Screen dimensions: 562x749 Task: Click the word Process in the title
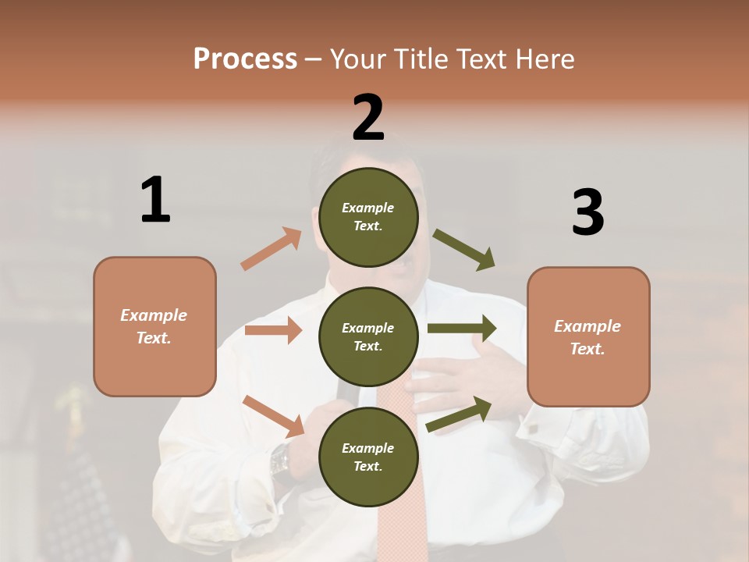(x=245, y=59)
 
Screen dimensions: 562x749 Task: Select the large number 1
(x=155, y=200)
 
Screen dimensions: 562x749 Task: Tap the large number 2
(x=368, y=117)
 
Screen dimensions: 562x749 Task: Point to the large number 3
(x=587, y=212)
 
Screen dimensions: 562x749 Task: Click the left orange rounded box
(x=154, y=326)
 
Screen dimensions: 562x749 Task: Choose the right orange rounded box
(x=588, y=336)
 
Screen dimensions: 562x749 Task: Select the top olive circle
(x=368, y=216)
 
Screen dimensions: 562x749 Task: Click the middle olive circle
(x=368, y=336)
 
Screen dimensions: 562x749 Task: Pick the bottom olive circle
(x=368, y=457)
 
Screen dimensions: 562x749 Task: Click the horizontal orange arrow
(x=273, y=330)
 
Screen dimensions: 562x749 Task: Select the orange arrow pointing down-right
(x=274, y=415)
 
